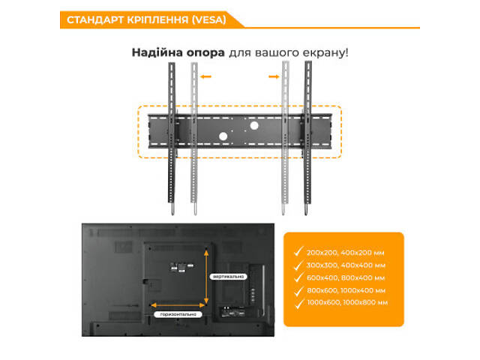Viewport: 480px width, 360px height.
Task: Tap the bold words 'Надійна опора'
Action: (172, 53)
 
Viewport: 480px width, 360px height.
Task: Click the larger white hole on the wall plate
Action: (253, 126)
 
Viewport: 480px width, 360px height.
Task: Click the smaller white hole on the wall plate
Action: (222, 136)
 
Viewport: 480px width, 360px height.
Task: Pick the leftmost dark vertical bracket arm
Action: (171, 139)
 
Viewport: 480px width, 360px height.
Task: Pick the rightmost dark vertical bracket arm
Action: (307, 139)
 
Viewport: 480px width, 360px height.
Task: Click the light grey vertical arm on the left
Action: (194, 139)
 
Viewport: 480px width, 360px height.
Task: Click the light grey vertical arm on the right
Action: (284, 139)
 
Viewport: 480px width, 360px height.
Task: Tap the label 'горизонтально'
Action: (178, 314)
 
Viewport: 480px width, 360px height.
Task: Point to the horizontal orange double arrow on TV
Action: (178, 304)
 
